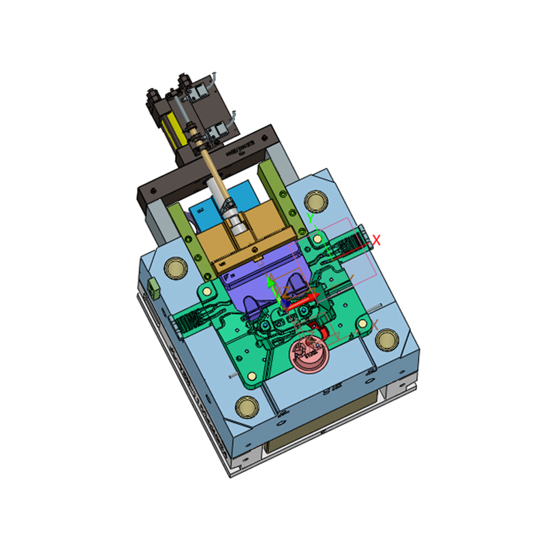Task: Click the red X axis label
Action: pos(375,240)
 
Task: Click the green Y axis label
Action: pos(311,219)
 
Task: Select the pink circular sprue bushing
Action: pos(308,355)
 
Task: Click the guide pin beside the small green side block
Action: pos(174,266)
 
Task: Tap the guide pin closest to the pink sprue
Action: pos(387,339)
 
